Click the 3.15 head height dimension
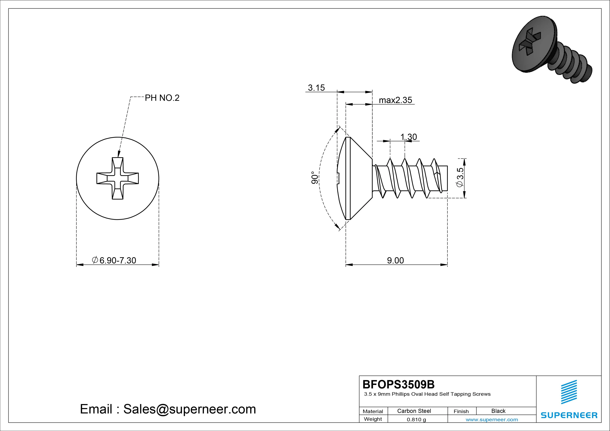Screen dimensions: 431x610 point(316,88)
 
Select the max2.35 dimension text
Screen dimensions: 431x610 point(395,100)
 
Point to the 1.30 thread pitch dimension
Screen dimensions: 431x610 point(409,137)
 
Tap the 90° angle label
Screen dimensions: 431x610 point(314,178)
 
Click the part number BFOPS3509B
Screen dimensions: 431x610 point(399,384)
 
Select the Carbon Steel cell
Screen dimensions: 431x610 point(414,411)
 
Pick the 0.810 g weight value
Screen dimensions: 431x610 point(416,420)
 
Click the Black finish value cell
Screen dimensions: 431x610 point(498,411)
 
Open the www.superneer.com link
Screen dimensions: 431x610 point(492,420)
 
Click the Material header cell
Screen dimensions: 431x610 point(373,411)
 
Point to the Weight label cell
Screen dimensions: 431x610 point(373,419)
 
